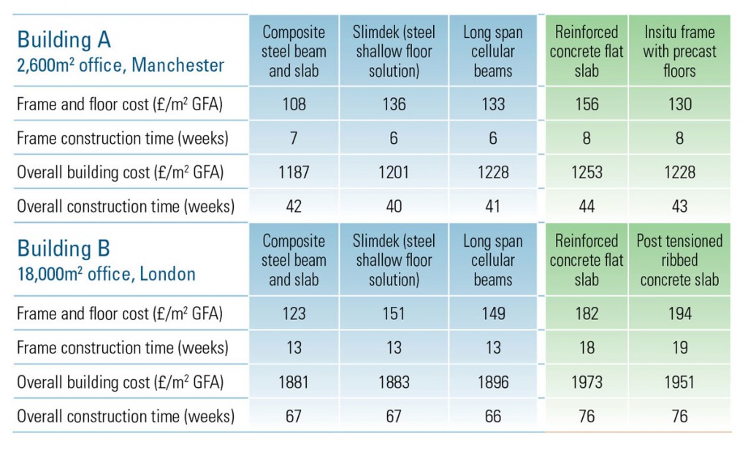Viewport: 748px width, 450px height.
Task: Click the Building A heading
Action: pos(64,39)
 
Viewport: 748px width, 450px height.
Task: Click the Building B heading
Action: pos(64,249)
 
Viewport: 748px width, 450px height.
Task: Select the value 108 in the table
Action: pos(294,104)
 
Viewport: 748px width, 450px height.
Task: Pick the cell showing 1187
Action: pos(294,172)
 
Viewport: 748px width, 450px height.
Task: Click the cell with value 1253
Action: pos(587,172)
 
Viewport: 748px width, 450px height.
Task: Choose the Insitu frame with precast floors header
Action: pos(679,52)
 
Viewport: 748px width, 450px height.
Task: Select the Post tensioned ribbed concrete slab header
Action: pos(679,261)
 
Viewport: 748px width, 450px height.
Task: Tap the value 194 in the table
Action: pos(679,313)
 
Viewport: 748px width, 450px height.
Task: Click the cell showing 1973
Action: pos(587,382)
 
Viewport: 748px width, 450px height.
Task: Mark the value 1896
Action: pos(493,382)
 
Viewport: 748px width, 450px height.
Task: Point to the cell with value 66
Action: pos(493,416)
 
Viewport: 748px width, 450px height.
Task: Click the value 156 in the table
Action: pos(587,104)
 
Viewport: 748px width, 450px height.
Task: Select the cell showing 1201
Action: pos(394,172)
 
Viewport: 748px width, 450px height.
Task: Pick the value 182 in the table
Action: pos(587,313)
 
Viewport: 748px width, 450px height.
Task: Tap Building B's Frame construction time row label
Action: pos(122,348)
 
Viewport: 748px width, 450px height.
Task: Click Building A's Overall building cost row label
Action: pos(120,172)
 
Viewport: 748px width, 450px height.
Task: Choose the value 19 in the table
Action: pos(679,348)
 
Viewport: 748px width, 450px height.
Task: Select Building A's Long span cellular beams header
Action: pos(493,52)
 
